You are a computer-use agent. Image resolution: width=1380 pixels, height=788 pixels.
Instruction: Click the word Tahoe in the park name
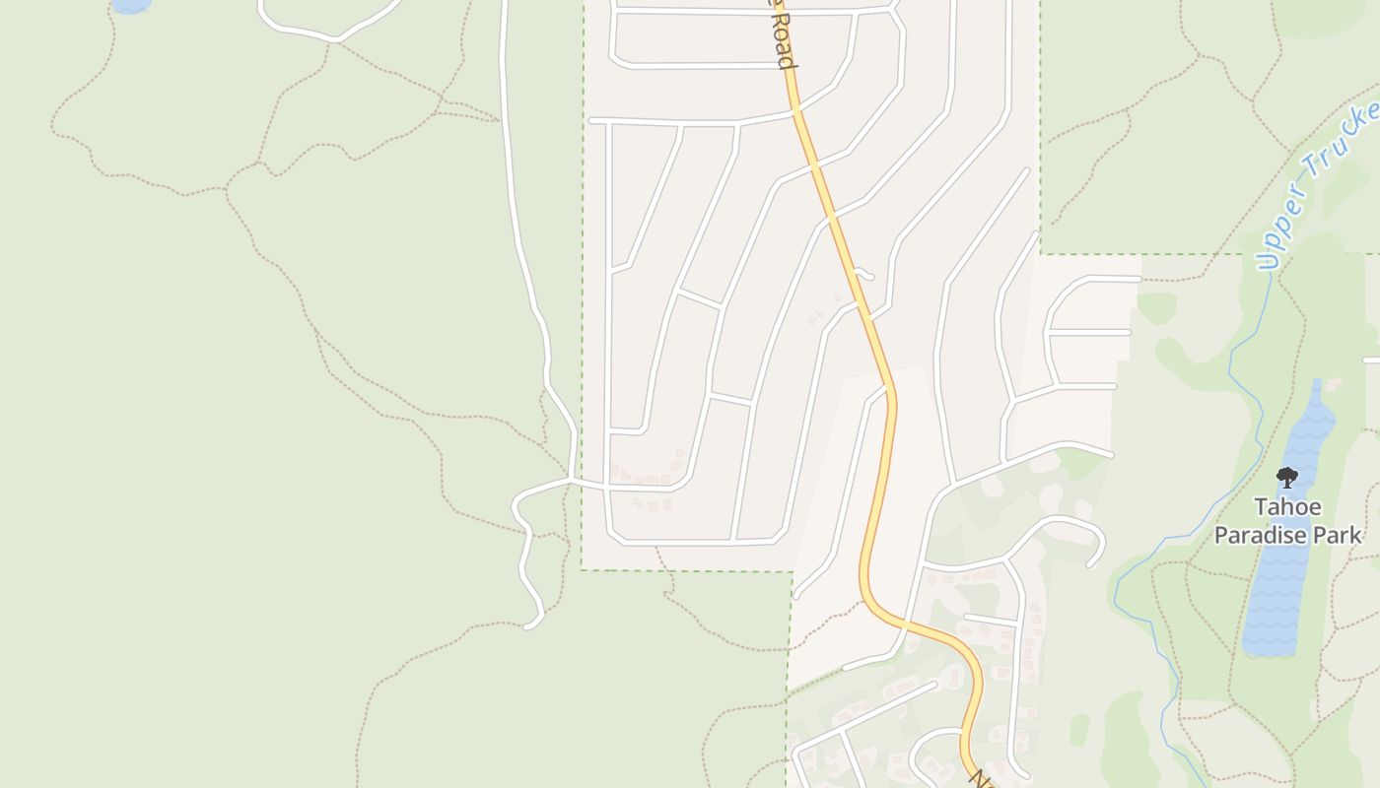pyautogui.click(x=1286, y=506)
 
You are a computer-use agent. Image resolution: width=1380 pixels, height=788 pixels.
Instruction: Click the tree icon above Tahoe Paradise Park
pyautogui.click(x=1286, y=478)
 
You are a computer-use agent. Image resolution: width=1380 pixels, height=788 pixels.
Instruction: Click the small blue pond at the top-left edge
pyautogui.click(x=132, y=5)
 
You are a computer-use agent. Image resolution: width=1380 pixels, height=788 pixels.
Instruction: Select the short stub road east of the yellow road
pyautogui.click(x=864, y=274)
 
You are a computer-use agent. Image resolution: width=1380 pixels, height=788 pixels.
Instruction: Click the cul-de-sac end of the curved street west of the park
pyautogui.click(x=1092, y=564)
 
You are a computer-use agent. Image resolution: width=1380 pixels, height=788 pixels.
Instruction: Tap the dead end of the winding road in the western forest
pyautogui.click(x=531, y=624)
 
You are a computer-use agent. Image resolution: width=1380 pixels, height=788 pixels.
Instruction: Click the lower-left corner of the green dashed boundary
pyautogui.click(x=582, y=569)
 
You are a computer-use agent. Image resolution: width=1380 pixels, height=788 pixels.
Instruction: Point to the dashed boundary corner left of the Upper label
pyautogui.click(x=1041, y=254)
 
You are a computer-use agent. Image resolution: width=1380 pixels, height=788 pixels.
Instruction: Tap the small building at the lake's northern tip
pyautogui.click(x=1334, y=384)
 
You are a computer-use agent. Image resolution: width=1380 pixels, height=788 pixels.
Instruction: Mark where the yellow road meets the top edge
pyautogui.click(x=775, y=3)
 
